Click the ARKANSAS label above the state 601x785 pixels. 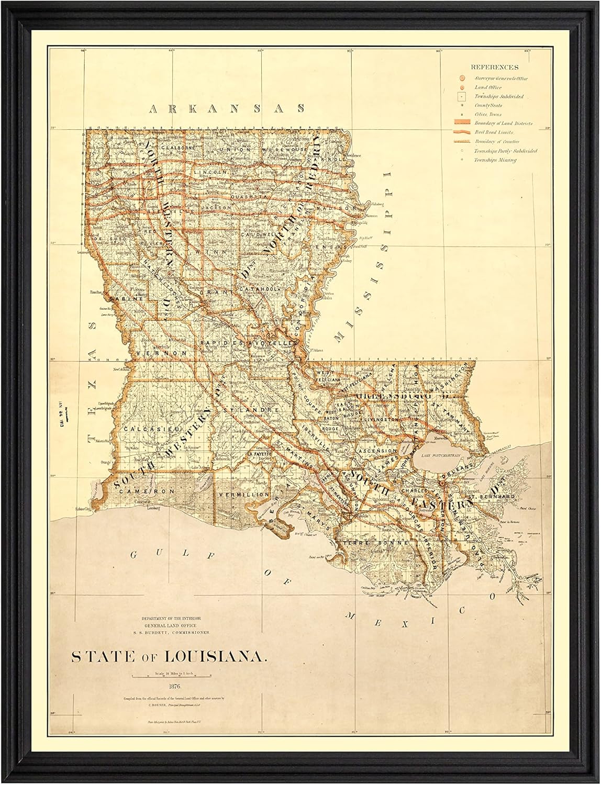pyautogui.click(x=227, y=108)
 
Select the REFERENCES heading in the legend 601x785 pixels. pyautogui.click(x=494, y=67)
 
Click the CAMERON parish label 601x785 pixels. pyautogui.click(x=137, y=492)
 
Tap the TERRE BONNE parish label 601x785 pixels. pyautogui.click(x=375, y=543)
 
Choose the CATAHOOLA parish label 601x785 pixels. pyautogui.click(x=261, y=288)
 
